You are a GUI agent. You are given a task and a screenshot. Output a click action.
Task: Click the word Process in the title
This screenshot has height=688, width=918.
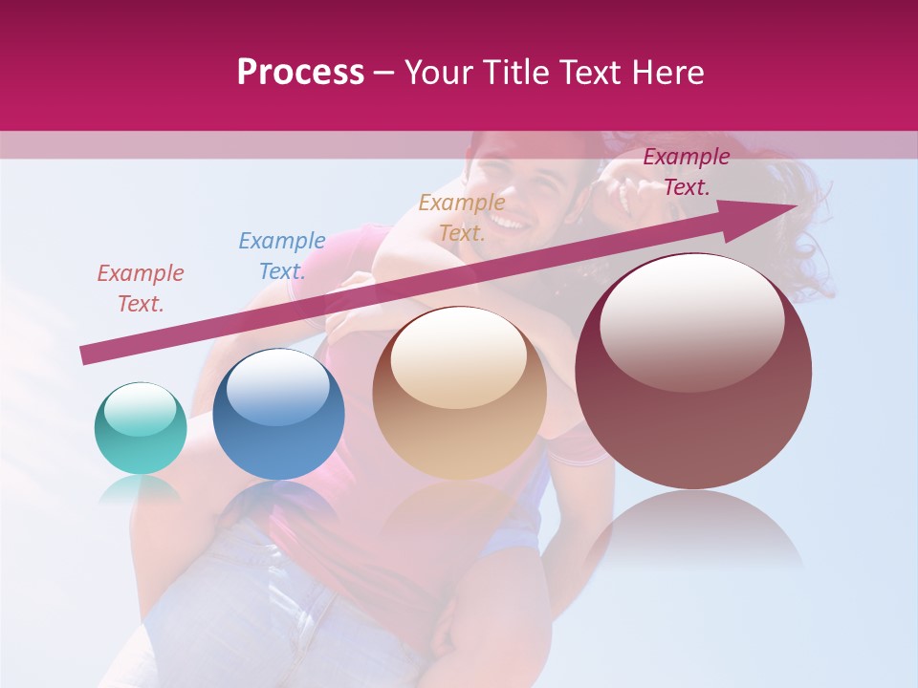[x=300, y=72]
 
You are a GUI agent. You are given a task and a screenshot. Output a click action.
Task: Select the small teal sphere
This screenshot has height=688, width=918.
[x=141, y=428]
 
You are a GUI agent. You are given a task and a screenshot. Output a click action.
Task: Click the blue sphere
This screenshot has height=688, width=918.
[x=278, y=414]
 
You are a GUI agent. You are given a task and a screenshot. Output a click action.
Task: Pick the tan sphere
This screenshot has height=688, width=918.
[x=459, y=393]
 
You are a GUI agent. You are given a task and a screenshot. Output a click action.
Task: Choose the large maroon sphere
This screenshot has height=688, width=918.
[x=693, y=372]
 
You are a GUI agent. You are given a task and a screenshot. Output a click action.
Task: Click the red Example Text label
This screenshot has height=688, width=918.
[x=140, y=289]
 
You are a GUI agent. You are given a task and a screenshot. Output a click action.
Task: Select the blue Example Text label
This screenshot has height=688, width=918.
[x=281, y=255]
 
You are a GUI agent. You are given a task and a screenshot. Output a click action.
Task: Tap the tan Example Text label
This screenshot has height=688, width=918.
[x=462, y=218]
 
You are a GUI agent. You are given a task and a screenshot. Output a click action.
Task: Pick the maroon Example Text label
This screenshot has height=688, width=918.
[x=686, y=172]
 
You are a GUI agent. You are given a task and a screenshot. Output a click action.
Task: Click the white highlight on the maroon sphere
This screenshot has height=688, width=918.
[x=691, y=323]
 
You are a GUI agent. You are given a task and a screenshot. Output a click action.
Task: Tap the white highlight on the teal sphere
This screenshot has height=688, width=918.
[x=140, y=409]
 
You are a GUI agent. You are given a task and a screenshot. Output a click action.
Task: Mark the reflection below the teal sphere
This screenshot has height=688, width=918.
[x=141, y=489]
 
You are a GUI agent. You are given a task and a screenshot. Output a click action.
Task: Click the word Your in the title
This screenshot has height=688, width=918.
[x=440, y=72]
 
